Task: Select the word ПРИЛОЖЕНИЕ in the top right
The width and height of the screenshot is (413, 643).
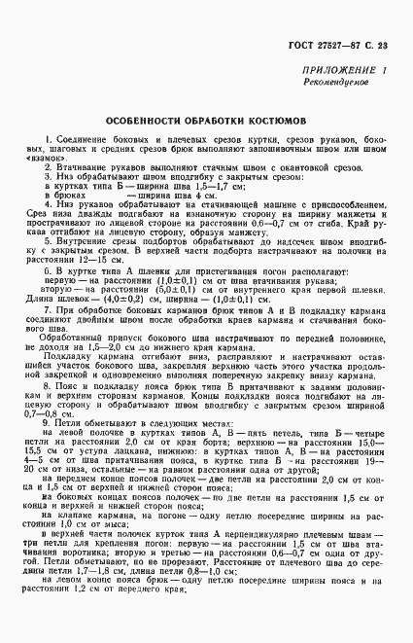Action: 333,73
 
